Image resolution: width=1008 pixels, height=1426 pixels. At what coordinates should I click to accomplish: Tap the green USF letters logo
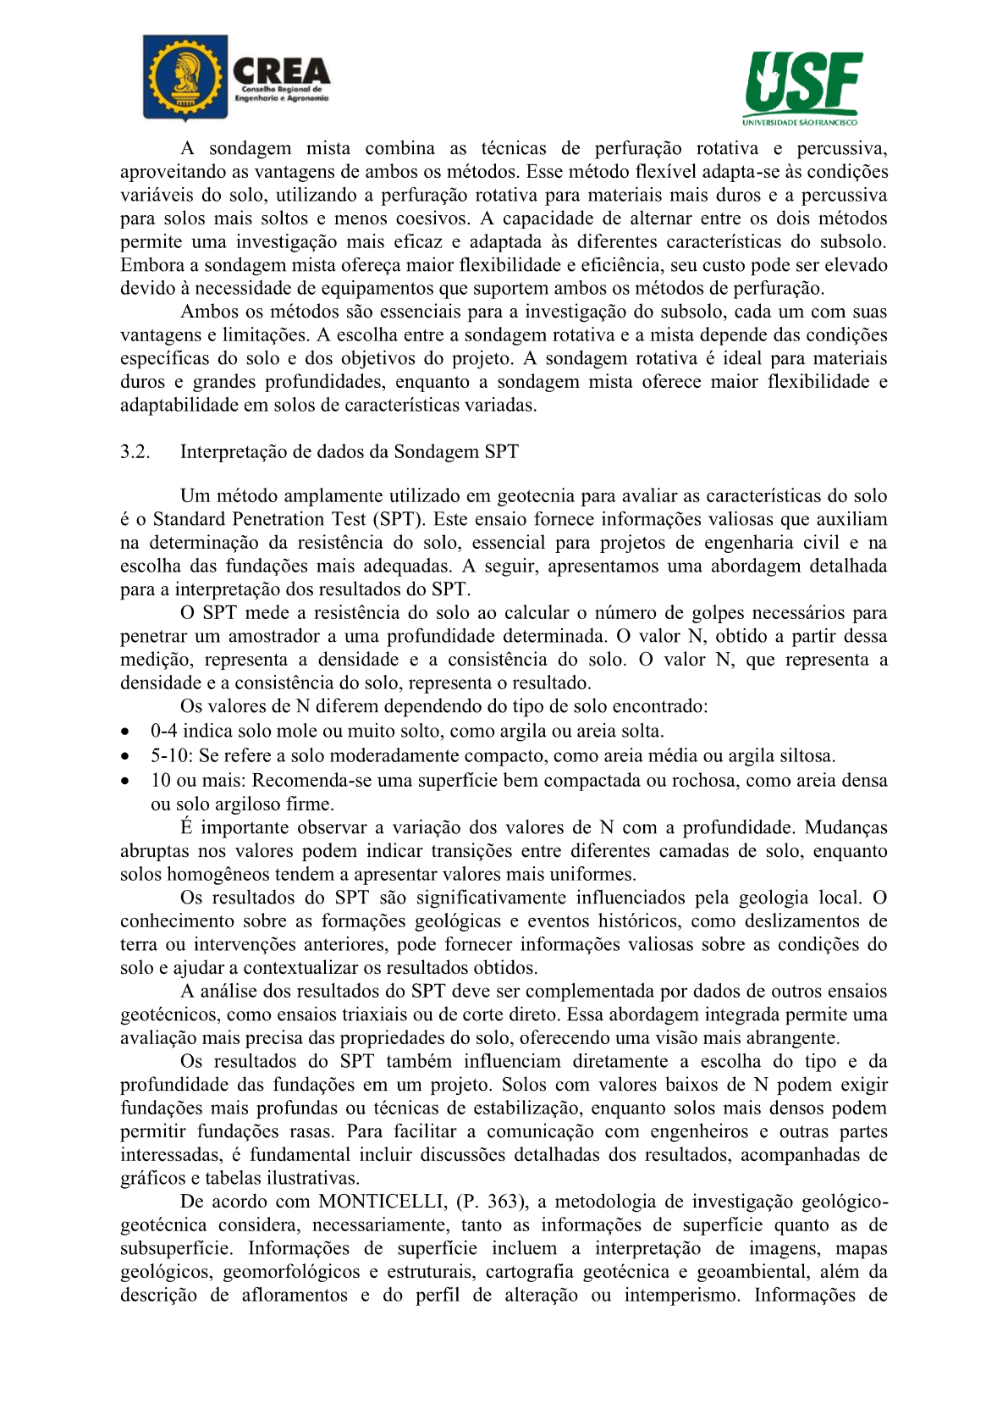[803, 82]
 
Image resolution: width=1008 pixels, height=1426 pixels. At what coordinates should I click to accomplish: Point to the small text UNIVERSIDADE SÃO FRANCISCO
[800, 122]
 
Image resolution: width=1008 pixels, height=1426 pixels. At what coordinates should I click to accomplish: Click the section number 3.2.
[135, 451]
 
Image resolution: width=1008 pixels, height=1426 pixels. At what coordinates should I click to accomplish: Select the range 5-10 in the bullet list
[171, 755]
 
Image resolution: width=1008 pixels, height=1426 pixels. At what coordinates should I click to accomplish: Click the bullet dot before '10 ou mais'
[125, 781]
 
